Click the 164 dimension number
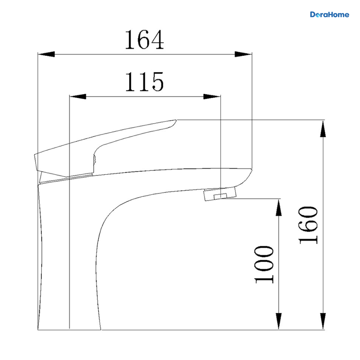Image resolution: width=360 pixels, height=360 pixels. point(144,40)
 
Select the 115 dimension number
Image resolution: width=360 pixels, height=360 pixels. point(144,82)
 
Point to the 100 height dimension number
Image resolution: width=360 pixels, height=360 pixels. point(264,265)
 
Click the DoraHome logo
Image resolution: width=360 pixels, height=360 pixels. point(329,15)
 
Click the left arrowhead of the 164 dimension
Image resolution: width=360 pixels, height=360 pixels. point(46,54)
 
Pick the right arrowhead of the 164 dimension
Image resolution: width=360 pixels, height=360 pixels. point(243,54)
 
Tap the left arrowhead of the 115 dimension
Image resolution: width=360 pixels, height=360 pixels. point(78,97)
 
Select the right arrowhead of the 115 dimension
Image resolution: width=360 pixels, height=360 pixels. point(212,97)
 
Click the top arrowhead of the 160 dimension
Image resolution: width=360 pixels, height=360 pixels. point(323,129)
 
